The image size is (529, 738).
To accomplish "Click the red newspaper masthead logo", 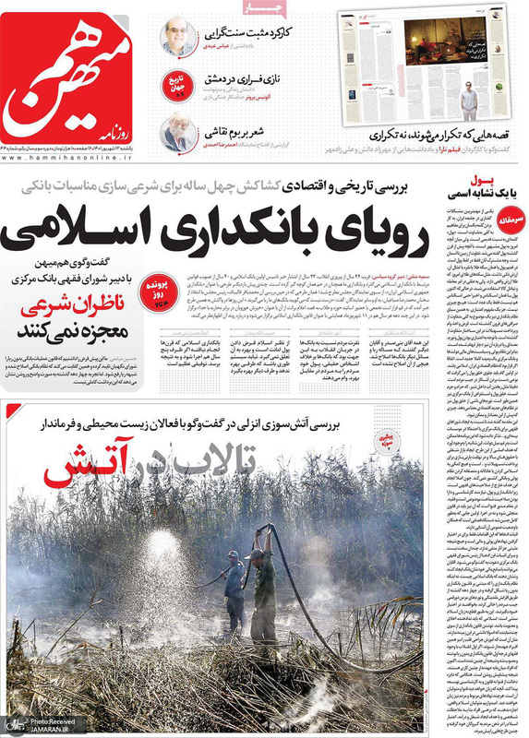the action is (x=77, y=81).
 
